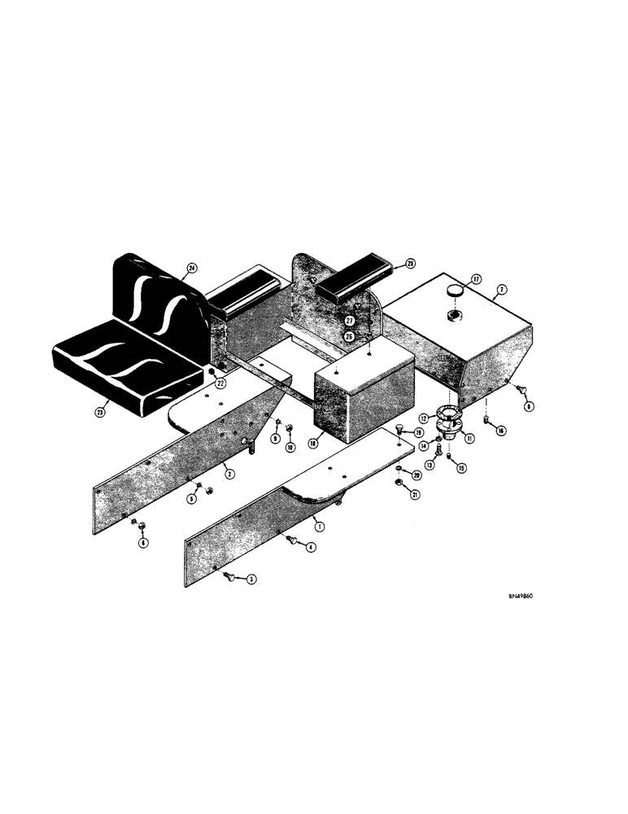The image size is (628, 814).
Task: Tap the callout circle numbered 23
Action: tap(100, 412)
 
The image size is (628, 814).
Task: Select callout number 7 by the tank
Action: tap(502, 290)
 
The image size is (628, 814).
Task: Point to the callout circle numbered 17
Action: tap(478, 278)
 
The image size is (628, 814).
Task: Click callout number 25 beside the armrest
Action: tap(410, 263)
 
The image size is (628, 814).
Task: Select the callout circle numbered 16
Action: tap(502, 431)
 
